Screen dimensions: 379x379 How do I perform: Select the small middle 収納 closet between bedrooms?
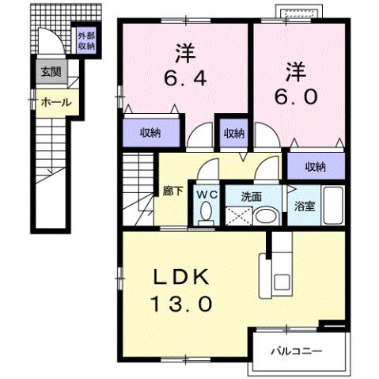tap(233, 133)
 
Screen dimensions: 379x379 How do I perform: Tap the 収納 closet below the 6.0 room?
tap(316, 166)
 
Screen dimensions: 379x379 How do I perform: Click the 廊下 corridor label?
tap(172, 191)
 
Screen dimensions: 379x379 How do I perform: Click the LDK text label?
tap(180, 276)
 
